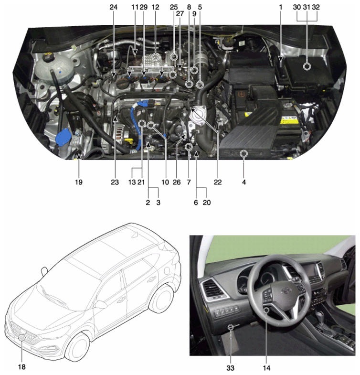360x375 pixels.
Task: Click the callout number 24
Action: pos(114,7)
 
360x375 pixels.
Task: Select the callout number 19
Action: pos(79,182)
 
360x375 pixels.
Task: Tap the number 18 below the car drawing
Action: pos(22,366)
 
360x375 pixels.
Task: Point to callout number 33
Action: pos(231,367)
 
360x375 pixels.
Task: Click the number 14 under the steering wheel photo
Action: pos(266,367)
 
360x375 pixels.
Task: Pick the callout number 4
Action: pos(244,182)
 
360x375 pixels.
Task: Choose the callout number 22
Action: pos(218,182)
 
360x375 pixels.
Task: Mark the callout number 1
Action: pos(281,7)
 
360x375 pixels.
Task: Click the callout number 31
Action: pos(307,7)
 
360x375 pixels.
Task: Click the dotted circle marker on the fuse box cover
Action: pos(307,66)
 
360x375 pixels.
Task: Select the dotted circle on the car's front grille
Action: pos(22,337)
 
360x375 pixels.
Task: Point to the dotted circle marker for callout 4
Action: pos(244,153)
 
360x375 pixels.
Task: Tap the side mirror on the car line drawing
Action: pos(101,304)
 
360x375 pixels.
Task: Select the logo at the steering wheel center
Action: pos(286,291)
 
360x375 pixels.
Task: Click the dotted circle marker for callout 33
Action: pos(231,327)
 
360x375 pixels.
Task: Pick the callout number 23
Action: pos(115,182)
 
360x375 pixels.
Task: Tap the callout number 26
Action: pos(177,182)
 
